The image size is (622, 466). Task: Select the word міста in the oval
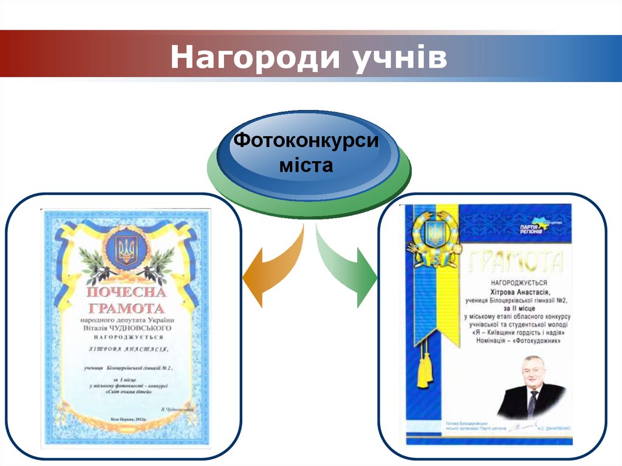pos(306,165)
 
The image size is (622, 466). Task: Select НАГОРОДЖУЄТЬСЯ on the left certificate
pos(127,337)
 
